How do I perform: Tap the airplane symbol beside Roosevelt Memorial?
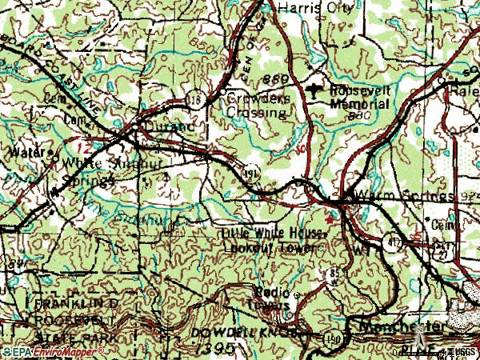click(x=318, y=90)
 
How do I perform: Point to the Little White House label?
click(x=274, y=233)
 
